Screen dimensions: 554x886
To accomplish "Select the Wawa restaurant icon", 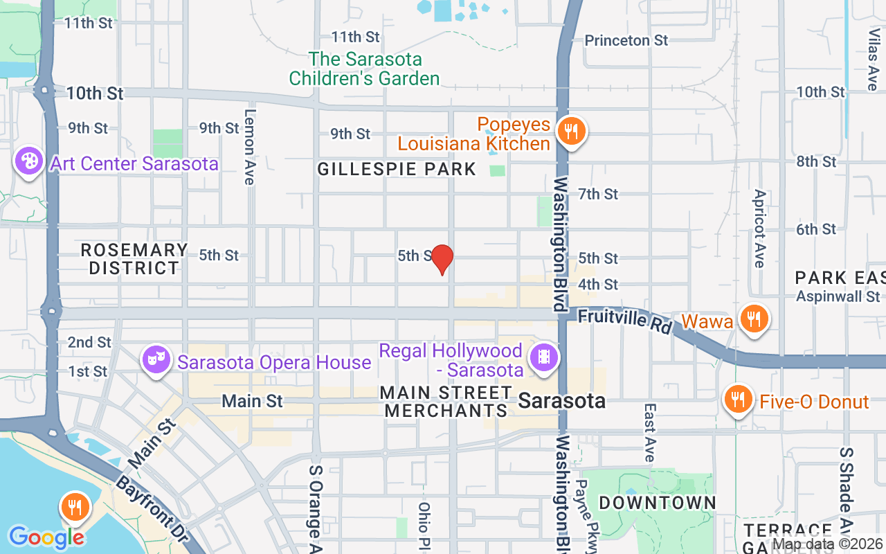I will tap(752, 319).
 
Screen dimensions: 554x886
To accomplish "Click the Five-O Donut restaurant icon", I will tap(739, 400).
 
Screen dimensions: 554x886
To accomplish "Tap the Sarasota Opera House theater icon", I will tap(156, 359).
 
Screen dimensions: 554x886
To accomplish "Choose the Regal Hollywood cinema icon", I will tap(543, 358).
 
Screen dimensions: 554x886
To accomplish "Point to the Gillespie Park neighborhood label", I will tap(397, 169).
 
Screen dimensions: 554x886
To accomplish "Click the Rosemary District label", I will tap(134, 258).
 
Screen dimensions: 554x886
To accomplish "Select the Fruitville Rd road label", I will tap(625, 320).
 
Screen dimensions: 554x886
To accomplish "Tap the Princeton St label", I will tap(626, 40).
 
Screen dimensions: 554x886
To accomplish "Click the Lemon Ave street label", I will tap(250, 147).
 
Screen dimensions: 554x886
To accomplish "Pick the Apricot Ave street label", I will tap(759, 229).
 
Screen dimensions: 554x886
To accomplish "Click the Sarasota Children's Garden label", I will tap(365, 69).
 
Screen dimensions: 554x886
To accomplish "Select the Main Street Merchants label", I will tap(446, 402).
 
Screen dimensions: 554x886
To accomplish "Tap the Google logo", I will tap(46, 537).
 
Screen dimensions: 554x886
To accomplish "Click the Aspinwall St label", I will tap(837, 296).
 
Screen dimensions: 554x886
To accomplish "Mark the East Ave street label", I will tap(649, 433).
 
